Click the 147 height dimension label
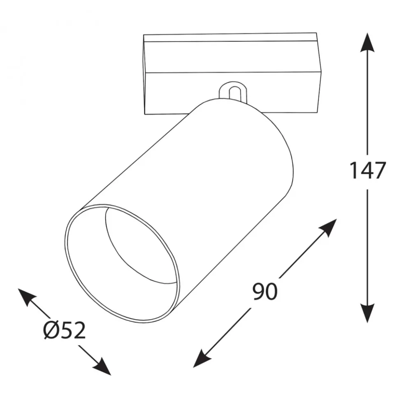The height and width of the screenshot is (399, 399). point(368,170)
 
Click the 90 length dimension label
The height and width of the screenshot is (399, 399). point(264,292)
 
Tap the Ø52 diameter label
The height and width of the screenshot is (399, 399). point(64,330)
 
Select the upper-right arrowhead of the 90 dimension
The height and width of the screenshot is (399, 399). point(328,227)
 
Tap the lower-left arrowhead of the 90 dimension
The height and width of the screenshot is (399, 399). point(202,359)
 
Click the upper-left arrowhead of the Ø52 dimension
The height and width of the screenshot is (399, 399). point(27,297)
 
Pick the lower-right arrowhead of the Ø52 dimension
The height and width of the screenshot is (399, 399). point(102,367)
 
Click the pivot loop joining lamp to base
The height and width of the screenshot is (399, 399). point(232,92)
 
